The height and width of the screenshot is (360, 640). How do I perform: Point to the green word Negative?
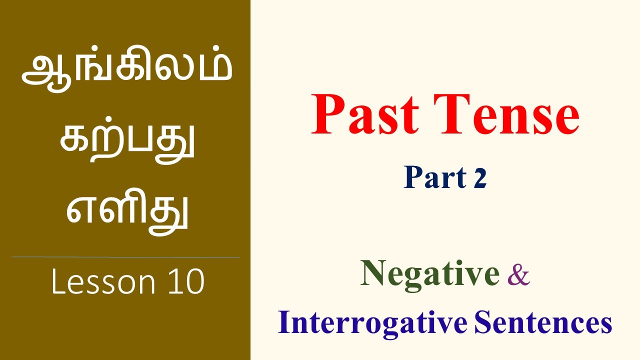429,274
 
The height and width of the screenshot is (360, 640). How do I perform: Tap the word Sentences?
543,323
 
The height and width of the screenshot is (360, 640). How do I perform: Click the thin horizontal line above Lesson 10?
125,257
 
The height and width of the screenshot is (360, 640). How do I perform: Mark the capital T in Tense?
450,114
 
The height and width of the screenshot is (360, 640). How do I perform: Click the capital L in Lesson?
57,282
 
